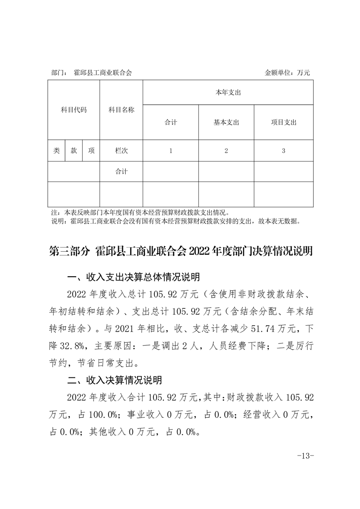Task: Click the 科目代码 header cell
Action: click(74, 110)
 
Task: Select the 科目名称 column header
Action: click(121, 110)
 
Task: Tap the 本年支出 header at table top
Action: click(228, 93)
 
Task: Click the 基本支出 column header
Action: click(226, 122)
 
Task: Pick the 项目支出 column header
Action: click(283, 122)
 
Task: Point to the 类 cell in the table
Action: click(56, 151)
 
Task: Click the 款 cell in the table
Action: click(74, 151)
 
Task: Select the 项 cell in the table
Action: click(91, 151)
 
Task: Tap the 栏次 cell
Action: click(121, 151)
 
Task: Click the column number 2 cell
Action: click(226, 151)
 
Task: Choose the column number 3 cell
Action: click(283, 151)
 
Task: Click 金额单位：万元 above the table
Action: click(287, 73)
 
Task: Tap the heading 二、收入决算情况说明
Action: click(114, 379)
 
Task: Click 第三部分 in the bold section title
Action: click(69, 251)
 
